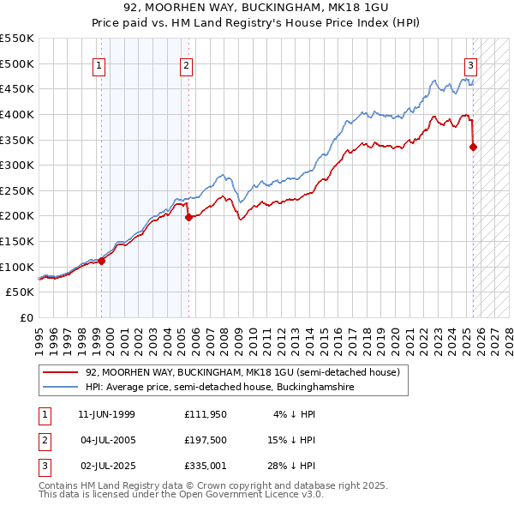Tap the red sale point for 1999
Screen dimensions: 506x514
pos(102,261)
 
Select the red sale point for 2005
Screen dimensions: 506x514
pos(188,217)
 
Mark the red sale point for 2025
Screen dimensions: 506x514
pos(474,147)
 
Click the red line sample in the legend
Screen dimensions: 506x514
pos(60,372)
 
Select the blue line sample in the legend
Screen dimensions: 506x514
pos(60,388)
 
